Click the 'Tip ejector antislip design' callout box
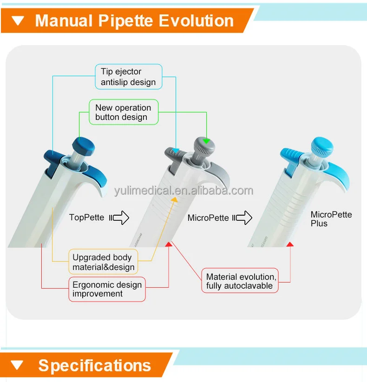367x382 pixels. (128, 77)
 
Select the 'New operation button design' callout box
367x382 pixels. (123, 112)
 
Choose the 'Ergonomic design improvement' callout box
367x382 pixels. (107, 289)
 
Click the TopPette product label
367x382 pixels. (87, 217)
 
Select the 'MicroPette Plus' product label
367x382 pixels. (331, 219)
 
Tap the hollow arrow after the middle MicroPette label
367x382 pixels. (242, 217)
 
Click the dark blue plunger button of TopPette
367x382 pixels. (84, 146)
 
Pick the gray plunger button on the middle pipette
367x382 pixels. (205, 147)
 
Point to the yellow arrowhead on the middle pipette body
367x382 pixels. (173, 199)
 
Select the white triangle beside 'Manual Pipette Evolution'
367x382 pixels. (18, 20)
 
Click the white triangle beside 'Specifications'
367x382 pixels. (18, 365)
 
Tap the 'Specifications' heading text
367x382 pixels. (94, 365)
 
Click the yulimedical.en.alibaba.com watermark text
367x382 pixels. (184, 191)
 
